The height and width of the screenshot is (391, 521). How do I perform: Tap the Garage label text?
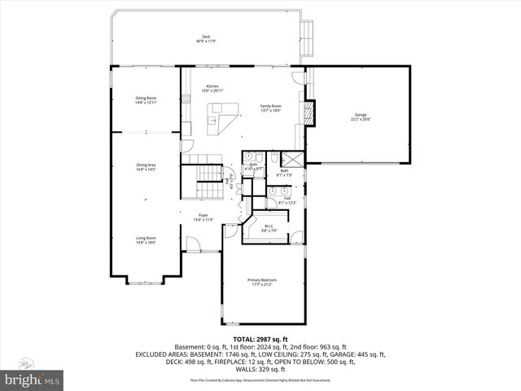359,116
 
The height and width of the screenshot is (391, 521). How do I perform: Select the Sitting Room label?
146,99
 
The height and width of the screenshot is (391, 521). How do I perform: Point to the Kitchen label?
212,87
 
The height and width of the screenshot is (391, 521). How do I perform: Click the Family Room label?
270,108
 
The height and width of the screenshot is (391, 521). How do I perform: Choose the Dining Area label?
147,167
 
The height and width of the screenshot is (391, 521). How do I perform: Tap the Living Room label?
147,239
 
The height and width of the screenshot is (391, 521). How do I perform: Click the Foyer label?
202,217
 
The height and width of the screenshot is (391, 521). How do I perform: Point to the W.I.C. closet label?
269,227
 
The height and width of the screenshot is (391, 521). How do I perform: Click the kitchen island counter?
222,119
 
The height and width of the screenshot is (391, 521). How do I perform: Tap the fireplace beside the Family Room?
308,113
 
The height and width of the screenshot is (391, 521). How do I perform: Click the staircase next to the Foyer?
208,184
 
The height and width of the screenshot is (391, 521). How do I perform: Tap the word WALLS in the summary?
250,369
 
